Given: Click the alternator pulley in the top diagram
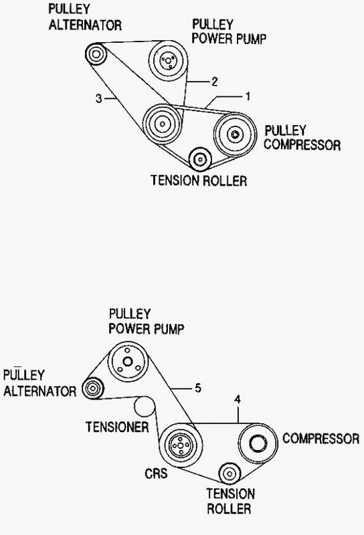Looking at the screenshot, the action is pos(96,54).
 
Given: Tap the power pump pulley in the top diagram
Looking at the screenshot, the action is pos(168,60).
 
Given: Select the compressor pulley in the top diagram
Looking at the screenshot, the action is pos(235,134).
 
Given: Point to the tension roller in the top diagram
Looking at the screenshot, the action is pos(200,159).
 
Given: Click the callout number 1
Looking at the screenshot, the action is pos(248,96).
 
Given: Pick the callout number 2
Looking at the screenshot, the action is pos(214,82).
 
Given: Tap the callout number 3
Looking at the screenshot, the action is pos(98,99).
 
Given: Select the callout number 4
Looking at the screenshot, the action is pos(238,399).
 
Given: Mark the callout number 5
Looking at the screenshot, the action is pos(198,388).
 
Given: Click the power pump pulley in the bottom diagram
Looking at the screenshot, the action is pos(128,362).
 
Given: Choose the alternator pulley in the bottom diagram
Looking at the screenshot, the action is pos(92,389).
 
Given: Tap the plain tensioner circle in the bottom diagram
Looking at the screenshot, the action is pos(145,407).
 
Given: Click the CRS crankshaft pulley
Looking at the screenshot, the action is pos(181,445).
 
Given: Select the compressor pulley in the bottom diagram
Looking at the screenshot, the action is pos(258,443).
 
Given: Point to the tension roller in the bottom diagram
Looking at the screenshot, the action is pos(230,473).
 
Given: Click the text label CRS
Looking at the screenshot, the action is pos(156,473).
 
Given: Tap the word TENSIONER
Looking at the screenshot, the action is pos(117,427).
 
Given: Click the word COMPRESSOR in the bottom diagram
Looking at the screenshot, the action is pos(321,439).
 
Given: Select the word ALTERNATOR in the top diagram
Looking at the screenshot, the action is pos(85,25).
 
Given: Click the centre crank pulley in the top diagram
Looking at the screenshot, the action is pos(162,124).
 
